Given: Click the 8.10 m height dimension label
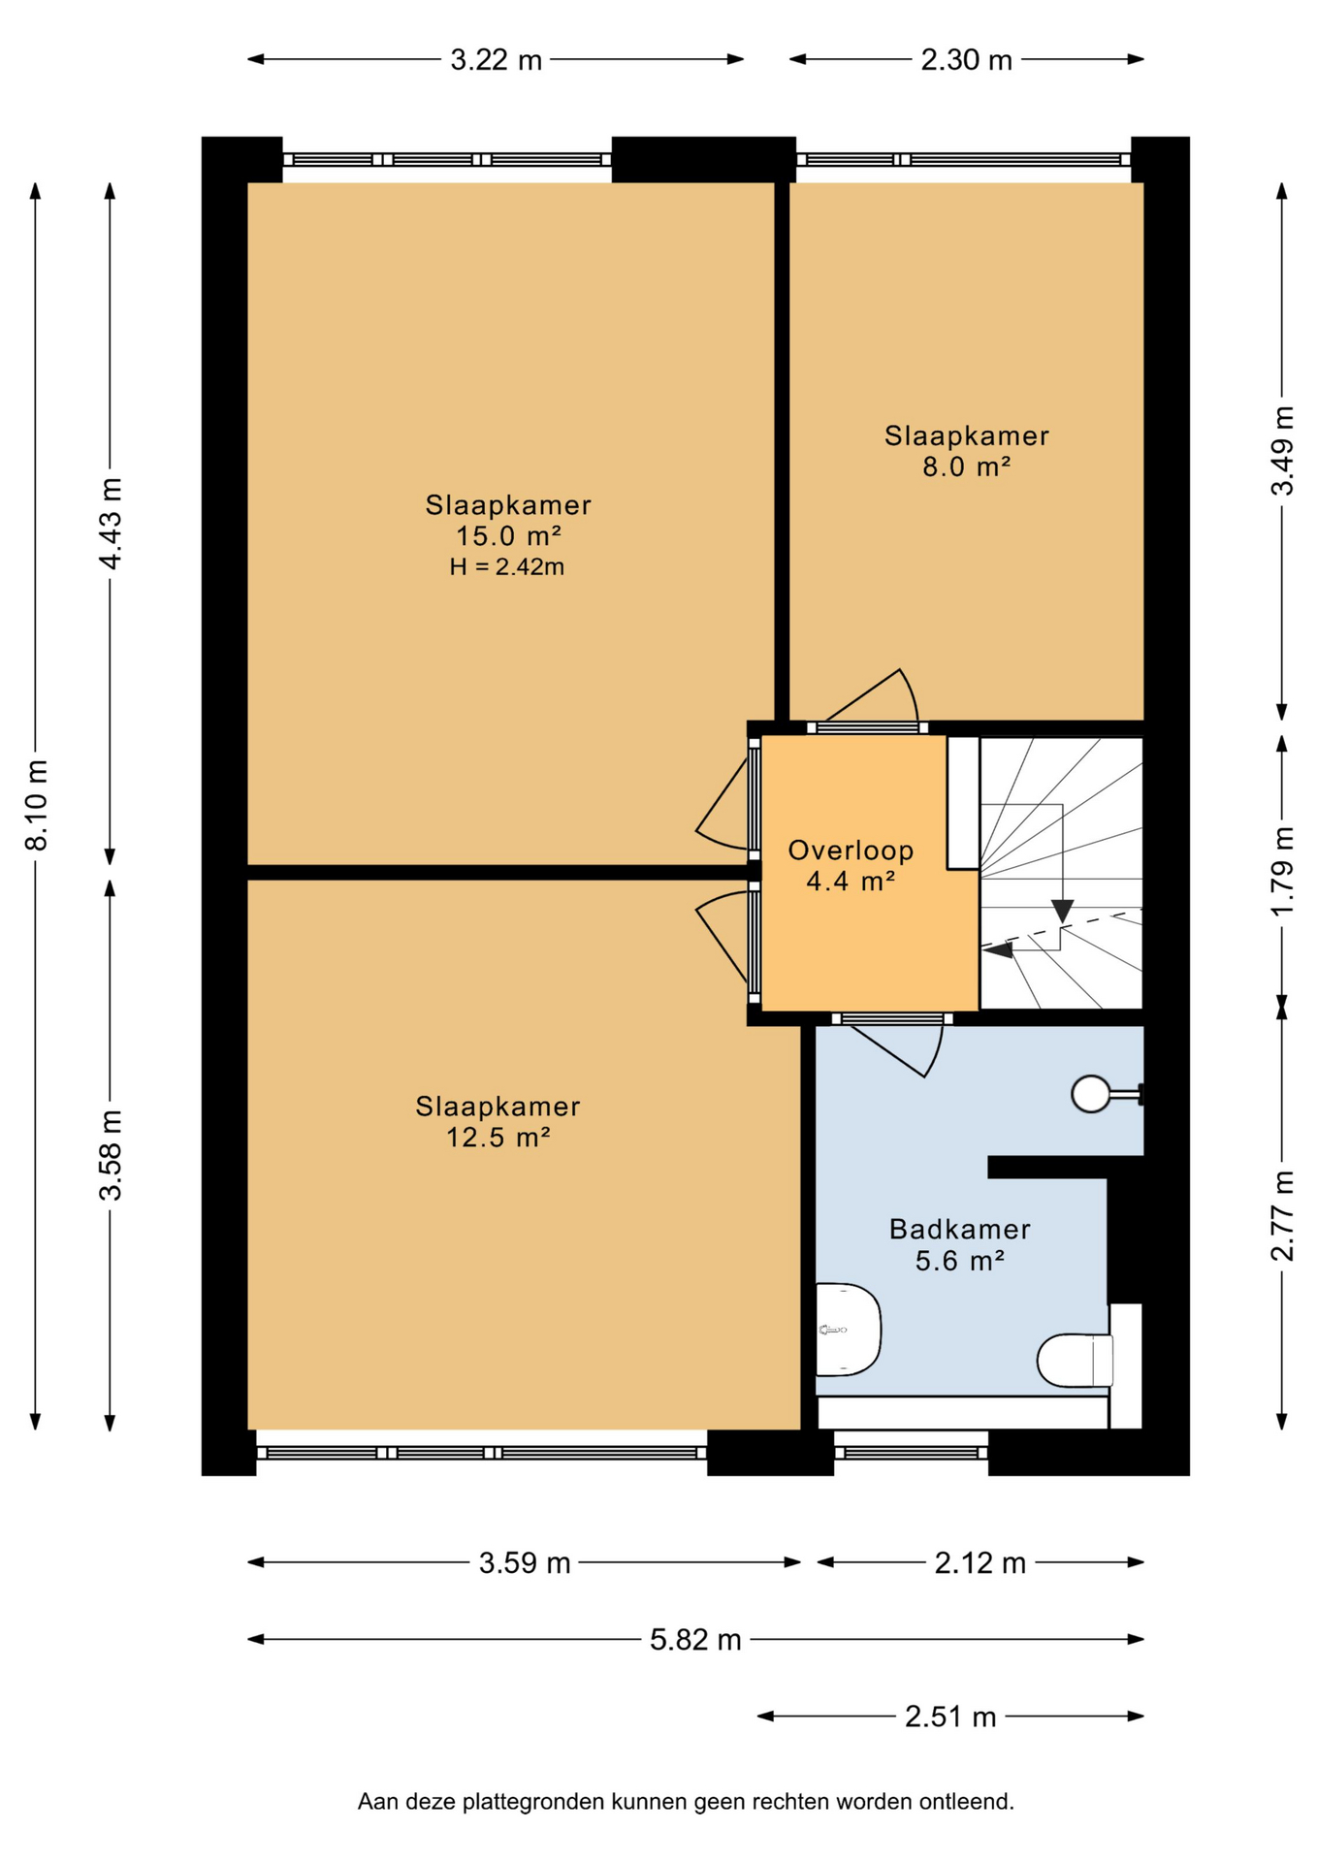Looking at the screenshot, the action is pos(36,805).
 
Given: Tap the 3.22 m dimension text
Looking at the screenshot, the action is pos(496,60).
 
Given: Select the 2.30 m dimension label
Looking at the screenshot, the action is pos(966,60).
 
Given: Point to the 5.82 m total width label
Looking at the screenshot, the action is pos(695,1639).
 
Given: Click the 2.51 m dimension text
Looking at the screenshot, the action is pos(950,1717).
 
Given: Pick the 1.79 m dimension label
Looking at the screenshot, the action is pos(1282,870).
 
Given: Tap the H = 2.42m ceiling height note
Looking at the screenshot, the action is pos(506,567).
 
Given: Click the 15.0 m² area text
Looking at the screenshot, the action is pos(508,535).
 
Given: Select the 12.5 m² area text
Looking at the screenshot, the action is pos(498,1137).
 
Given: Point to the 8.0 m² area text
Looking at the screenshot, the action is pos(966,466).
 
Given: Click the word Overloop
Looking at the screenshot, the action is pos(851,851).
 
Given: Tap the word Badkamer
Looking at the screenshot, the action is pos(959,1229).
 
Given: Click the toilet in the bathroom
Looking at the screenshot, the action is pos(1075,1361).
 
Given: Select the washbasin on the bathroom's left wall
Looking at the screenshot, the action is pos(848,1330).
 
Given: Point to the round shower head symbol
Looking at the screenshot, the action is pos(1090,1094).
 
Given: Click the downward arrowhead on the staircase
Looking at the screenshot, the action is pos(1063,912).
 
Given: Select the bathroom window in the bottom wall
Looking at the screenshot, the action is pos(911,1452).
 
